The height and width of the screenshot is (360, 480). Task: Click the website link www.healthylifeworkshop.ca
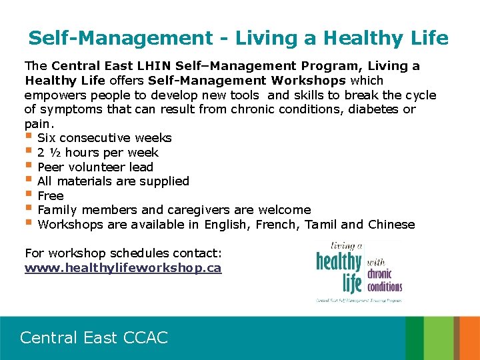tap(123, 268)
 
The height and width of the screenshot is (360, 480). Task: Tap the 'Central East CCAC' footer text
tap(94, 337)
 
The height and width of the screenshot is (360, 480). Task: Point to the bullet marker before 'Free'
tap(29, 195)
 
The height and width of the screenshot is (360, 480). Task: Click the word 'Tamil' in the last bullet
tap(321, 225)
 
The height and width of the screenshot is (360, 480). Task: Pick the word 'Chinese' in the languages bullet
tap(391, 225)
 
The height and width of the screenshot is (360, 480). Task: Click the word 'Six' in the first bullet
tap(47, 138)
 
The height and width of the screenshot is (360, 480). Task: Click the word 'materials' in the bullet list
tap(82, 181)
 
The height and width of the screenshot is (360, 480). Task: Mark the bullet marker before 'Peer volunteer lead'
tap(29, 166)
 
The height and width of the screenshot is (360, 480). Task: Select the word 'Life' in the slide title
tap(427, 38)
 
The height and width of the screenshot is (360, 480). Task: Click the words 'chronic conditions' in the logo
tap(385, 281)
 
